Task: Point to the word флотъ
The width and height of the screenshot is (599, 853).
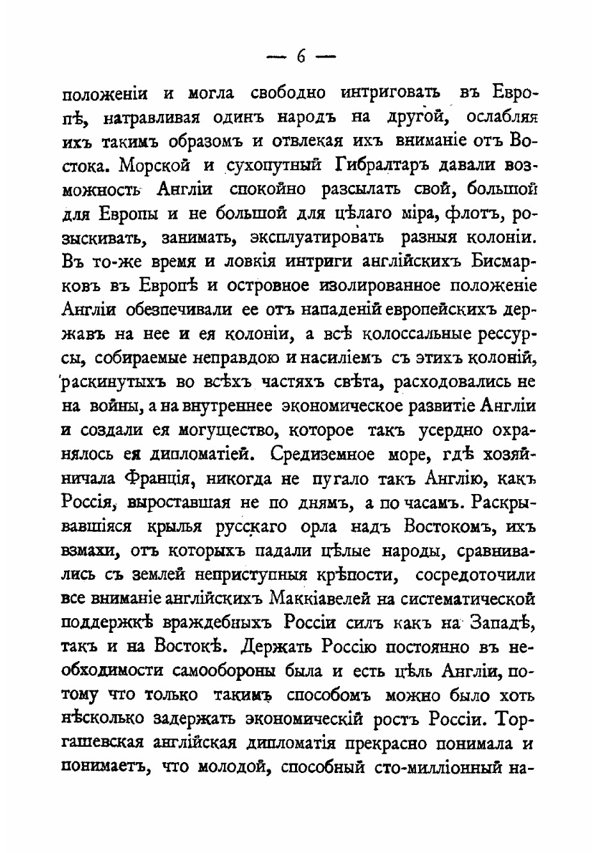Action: click(475, 213)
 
